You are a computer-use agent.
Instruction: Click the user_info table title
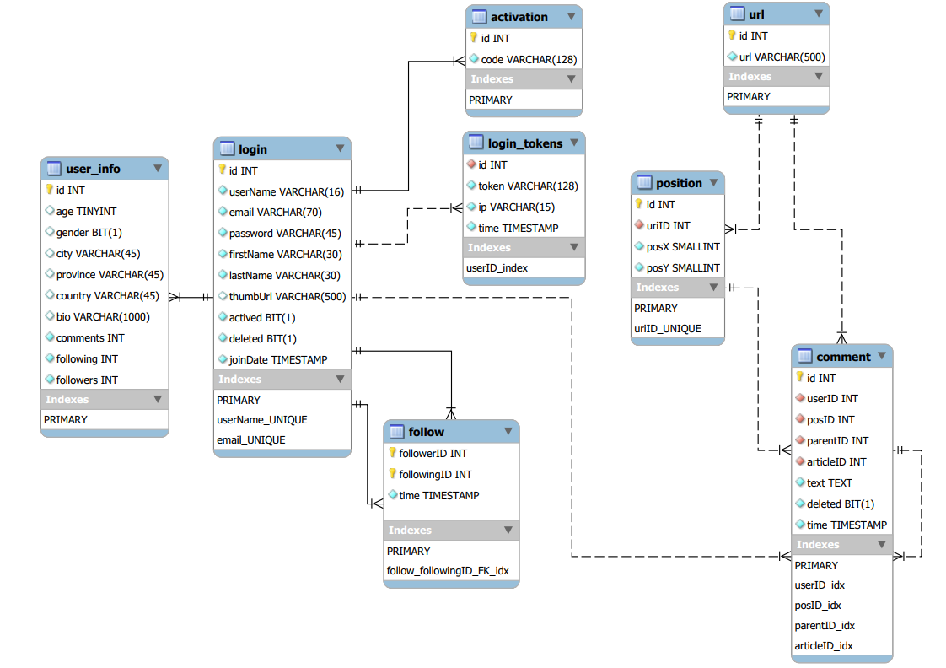pos(93,169)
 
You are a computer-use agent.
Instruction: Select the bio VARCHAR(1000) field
pos(102,316)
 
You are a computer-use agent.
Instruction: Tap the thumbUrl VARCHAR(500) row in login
pos(287,296)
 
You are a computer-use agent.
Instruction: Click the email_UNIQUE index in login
pos(250,439)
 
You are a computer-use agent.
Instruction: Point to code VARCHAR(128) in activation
pos(529,59)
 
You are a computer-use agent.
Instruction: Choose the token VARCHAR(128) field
pos(528,186)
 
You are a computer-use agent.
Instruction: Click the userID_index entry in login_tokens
pos(497,267)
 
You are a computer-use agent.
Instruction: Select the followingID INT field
pos(435,474)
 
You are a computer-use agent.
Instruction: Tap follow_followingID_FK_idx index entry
pos(448,571)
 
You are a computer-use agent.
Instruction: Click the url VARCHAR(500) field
pos(782,57)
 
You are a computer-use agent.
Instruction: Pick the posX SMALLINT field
pos(683,246)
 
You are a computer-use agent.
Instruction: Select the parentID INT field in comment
pos(837,440)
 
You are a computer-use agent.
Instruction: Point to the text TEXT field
pos(829,482)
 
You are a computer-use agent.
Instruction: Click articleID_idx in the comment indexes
pos(824,645)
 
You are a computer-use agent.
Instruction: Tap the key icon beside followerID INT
pos(392,453)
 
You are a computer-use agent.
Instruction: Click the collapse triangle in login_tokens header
pos(573,143)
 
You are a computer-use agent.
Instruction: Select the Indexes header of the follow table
pos(410,530)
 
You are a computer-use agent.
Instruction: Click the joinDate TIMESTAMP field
pos(278,359)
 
